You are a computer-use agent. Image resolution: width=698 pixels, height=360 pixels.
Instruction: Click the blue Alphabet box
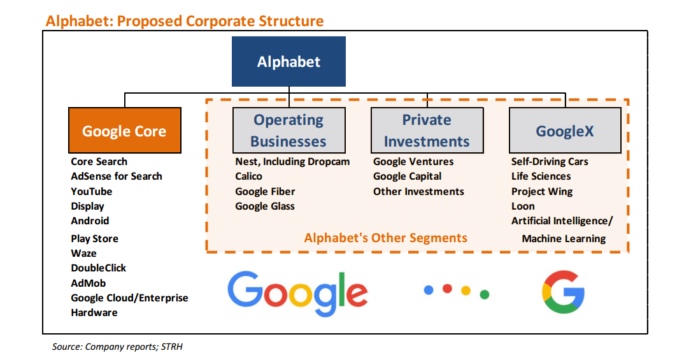pyautogui.click(x=288, y=62)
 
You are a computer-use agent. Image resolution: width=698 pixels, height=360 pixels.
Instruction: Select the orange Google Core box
pyautogui.click(x=124, y=131)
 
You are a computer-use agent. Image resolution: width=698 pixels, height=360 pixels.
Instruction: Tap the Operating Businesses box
pyautogui.click(x=288, y=130)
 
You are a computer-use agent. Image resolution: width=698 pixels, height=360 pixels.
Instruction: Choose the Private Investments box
pyautogui.click(x=427, y=130)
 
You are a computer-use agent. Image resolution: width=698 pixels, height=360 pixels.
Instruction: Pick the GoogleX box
pyautogui.click(x=565, y=131)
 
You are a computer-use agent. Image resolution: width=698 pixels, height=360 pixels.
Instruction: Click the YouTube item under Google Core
pyautogui.click(x=92, y=191)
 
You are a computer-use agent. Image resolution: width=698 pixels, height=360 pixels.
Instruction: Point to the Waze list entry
pyautogui.click(x=84, y=253)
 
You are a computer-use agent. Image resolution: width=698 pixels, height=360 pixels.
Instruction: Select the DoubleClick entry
pyautogui.click(x=99, y=268)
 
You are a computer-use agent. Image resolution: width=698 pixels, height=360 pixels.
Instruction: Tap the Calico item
pyautogui.click(x=248, y=176)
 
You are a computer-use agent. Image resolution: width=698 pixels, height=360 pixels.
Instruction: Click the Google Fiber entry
pyautogui.click(x=265, y=191)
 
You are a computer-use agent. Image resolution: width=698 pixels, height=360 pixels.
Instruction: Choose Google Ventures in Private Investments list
pyautogui.click(x=413, y=162)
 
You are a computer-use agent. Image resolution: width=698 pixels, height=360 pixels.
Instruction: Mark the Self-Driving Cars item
pyautogui.click(x=550, y=162)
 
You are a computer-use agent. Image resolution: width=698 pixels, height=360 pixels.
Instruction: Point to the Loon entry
pyautogui.click(x=523, y=206)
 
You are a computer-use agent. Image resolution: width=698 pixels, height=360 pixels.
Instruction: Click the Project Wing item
pyautogui.click(x=542, y=191)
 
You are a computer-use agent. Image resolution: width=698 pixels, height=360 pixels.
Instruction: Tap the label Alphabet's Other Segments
pyautogui.click(x=385, y=238)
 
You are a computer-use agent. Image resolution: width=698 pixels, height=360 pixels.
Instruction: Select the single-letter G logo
pyautogui.click(x=563, y=292)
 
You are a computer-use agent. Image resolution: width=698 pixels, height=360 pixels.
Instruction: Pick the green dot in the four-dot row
pyautogui.click(x=484, y=294)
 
